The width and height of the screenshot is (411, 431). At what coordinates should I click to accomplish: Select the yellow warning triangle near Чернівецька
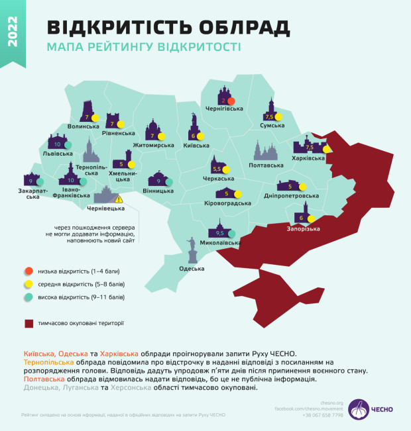pos(119,199)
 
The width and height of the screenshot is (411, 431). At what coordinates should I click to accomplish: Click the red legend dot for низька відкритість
pos(28,271)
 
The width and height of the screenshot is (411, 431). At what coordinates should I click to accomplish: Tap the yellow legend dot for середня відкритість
pos(28,284)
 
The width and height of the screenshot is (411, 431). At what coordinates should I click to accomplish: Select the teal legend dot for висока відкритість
pos(28,297)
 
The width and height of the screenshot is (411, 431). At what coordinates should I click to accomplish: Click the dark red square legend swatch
pos(28,324)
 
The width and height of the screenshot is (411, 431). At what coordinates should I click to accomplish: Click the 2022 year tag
pos(13,34)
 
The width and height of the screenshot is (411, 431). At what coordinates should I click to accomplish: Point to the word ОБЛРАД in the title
pos(240,27)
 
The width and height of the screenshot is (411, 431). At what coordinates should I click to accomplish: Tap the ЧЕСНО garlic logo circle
pos(359,409)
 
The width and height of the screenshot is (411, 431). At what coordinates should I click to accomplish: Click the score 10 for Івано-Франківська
pos(71,179)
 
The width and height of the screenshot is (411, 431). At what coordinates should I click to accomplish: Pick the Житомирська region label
pos(156,144)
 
